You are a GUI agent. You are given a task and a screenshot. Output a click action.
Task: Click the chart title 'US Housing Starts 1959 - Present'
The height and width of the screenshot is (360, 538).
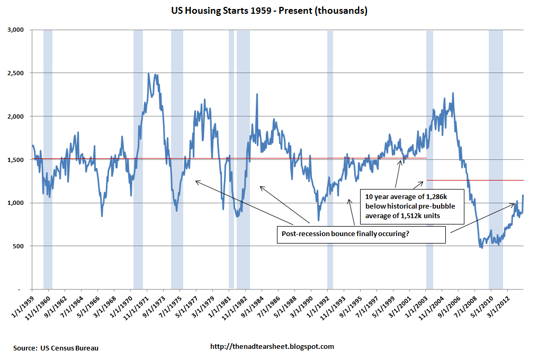[270, 11]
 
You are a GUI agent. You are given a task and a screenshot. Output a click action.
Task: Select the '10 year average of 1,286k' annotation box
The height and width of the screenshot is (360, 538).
[411, 206]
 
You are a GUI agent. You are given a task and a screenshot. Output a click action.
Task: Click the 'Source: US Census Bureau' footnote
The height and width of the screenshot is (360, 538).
[56, 348]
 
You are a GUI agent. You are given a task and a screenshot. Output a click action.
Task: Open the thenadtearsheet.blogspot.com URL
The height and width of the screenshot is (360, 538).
[272, 347]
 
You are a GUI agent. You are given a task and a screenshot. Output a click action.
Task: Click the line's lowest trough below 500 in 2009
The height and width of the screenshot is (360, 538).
[481, 247]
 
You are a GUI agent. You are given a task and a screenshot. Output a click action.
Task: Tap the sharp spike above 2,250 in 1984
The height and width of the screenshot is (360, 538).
[257, 95]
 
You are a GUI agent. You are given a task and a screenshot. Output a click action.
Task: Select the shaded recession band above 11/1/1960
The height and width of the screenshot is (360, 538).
[48, 159]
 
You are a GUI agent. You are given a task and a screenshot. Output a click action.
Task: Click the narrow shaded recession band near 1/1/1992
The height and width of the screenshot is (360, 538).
[330, 159]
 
